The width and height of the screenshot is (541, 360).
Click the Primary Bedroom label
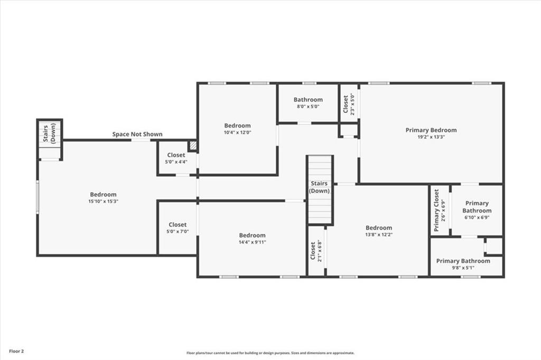431,130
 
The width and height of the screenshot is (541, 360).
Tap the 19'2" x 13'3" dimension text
431,137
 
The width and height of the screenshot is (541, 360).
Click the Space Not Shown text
137,134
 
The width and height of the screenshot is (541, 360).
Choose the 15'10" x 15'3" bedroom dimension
103,202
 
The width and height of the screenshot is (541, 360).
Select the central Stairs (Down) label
319,187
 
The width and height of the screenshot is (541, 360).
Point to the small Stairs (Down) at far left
49,133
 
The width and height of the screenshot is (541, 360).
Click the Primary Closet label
436,210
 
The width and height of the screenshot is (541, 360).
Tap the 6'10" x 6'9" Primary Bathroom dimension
477,217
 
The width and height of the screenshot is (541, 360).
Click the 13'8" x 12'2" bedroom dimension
379,235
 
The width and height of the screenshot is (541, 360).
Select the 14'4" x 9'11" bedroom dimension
252,242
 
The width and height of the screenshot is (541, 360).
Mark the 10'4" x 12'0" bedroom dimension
237,132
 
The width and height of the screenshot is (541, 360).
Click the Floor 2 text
16,352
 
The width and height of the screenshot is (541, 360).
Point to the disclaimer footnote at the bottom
270,353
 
